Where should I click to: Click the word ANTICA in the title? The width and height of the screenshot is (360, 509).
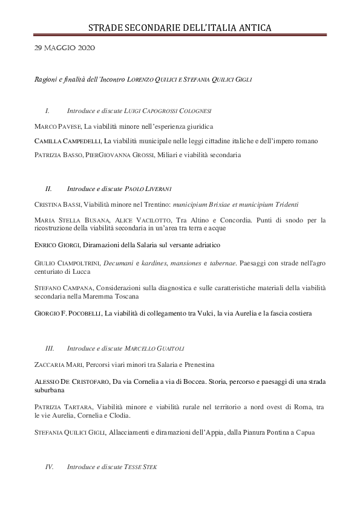250,28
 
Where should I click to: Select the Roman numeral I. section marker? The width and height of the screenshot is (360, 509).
47,111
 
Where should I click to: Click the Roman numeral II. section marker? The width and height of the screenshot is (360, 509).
48,189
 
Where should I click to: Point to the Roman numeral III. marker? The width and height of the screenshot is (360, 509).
50,349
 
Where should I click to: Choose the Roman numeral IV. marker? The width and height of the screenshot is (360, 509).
50,467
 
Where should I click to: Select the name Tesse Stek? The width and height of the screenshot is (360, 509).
141,467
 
